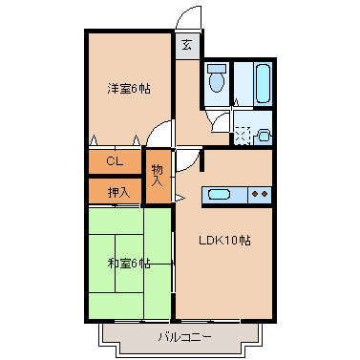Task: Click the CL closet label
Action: pyautogui.click(x=114, y=161)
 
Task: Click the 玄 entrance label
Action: pyautogui.click(x=186, y=44)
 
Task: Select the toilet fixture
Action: pyautogui.click(x=218, y=79)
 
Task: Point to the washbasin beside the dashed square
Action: pyautogui.click(x=264, y=136)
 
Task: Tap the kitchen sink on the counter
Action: pyautogui.click(x=220, y=196)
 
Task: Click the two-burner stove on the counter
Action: pyautogui.click(x=260, y=196)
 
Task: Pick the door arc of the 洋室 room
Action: pyautogui.click(x=162, y=138)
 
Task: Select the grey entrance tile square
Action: pyautogui.click(x=186, y=44)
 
